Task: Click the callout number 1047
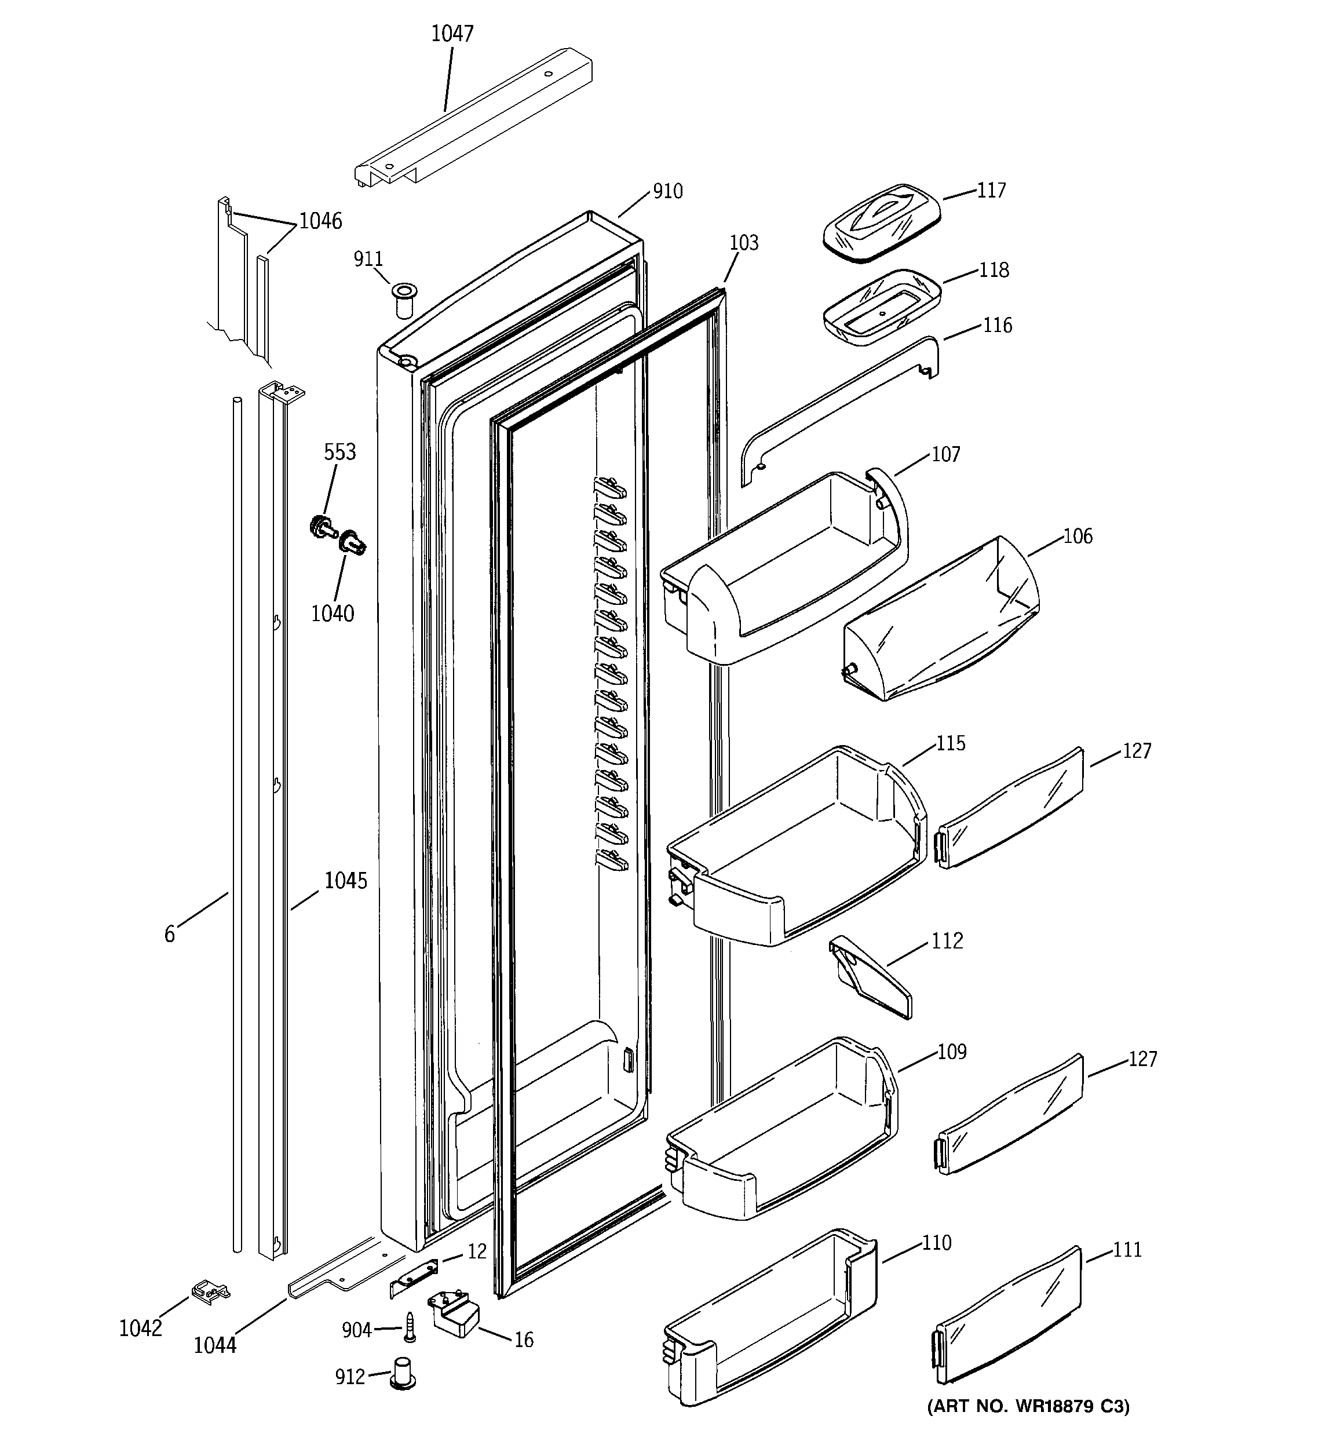[x=452, y=34]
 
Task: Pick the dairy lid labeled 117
[x=882, y=222]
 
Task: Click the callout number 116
[x=997, y=325]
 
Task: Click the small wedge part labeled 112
[x=870, y=977]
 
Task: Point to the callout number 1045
[x=346, y=881]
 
